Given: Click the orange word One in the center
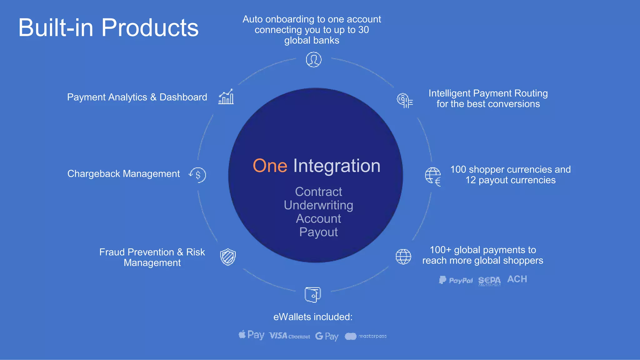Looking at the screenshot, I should click(270, 166).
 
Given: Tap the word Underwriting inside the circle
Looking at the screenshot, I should click(318, 205).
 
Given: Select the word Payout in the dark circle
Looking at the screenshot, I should click(318, 232).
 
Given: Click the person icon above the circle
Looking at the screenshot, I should click(313, 59).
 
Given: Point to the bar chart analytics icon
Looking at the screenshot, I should click(226, 97).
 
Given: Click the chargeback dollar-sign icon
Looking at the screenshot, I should click(197, 175).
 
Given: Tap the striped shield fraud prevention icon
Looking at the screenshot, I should click(228, 257).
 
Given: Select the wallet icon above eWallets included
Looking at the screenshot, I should click(312, 294).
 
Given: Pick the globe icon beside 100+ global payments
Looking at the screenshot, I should click(403, 257).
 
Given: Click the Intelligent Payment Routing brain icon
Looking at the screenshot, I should click(404, 101).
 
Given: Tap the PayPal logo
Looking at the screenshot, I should click(456, 280).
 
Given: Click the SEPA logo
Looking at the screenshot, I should click(489, 281).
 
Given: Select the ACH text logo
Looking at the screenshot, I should click(517, 279).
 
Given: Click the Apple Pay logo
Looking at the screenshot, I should click(252, 335).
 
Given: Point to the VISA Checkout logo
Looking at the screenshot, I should click(289, 336).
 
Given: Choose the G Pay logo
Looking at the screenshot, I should click(327, 336).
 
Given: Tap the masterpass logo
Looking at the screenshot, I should click(366, 336).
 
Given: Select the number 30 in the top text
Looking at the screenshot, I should click(363, 30).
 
